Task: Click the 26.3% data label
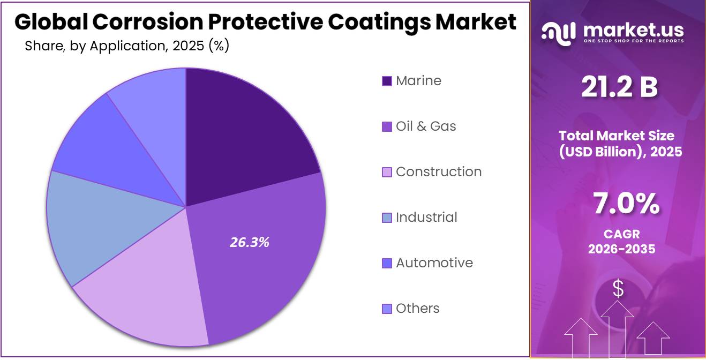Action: coord(249,242)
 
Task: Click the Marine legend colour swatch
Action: coord(387,81)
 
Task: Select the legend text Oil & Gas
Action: coord(426,126)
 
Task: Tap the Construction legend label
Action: coord(439,172)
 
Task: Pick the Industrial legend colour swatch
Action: coord(387,218)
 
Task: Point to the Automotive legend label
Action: coord(434,263)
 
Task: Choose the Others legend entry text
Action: coord(417,309)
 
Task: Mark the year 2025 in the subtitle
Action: coord(189,47)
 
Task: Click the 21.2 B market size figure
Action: coord(620,88)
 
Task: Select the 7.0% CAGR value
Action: coord(626,205)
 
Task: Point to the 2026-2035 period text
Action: coord(621,249)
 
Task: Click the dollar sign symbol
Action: coord(618,289)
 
